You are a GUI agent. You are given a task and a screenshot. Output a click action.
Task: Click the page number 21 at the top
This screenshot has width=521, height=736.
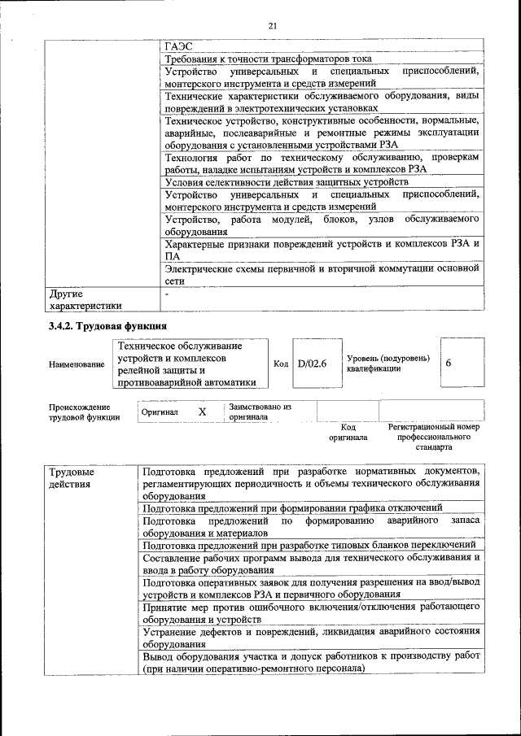click(x=273, y=26)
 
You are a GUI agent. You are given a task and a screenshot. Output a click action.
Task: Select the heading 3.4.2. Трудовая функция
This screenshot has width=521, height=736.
click(x=107, y=326)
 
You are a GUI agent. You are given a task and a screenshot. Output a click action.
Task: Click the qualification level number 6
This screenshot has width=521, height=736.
click(x=449, y=364)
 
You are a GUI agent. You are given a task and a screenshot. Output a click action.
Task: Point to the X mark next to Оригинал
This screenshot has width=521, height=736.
click(x=202, y=412)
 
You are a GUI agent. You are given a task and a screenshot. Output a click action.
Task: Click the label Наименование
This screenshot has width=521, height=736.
click(x=77, y=364)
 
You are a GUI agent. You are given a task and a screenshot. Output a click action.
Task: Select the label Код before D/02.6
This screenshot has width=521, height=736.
click(x=281, y=364)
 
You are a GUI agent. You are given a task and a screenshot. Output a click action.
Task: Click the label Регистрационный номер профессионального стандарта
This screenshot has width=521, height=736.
click(x=434, y=437)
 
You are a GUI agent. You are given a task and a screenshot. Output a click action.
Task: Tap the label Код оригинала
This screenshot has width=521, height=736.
click(x=348, y=432)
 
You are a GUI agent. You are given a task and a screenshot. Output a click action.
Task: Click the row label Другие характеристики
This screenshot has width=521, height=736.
click(x=85, y=299)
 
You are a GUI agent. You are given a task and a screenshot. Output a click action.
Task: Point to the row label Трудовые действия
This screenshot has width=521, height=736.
click(x=72, y=478)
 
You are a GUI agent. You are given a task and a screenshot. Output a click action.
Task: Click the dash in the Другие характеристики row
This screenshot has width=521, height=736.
click(x=166, y=293)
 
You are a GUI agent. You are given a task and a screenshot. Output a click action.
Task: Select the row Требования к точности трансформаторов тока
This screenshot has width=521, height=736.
click(x=268, y=59)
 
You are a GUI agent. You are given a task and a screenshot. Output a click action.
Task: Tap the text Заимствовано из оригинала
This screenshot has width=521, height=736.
click(x=260, y=411)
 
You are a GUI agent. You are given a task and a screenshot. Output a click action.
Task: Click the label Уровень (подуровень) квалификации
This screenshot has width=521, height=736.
click(x=387, y=364)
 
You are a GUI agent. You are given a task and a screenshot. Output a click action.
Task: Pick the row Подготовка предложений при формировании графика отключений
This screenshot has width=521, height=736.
click(x=291, y=507)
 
